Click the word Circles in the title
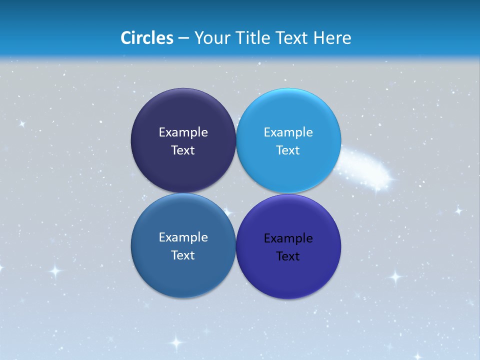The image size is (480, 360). click(147, 38)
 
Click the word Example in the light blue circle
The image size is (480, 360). click(288, 132)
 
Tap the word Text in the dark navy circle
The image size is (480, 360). click(183, 150)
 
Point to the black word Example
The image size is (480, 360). click(288, 238)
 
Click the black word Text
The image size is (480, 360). click(288, 256)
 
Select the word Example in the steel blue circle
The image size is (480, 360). click(183, 237)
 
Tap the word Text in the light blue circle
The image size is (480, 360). click(288, 150)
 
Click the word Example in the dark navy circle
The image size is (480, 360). click(183, 132)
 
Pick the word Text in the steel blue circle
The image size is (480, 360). click(183, 255)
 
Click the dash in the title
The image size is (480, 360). click(183, 38)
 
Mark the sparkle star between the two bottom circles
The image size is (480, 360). click(228, 212)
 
